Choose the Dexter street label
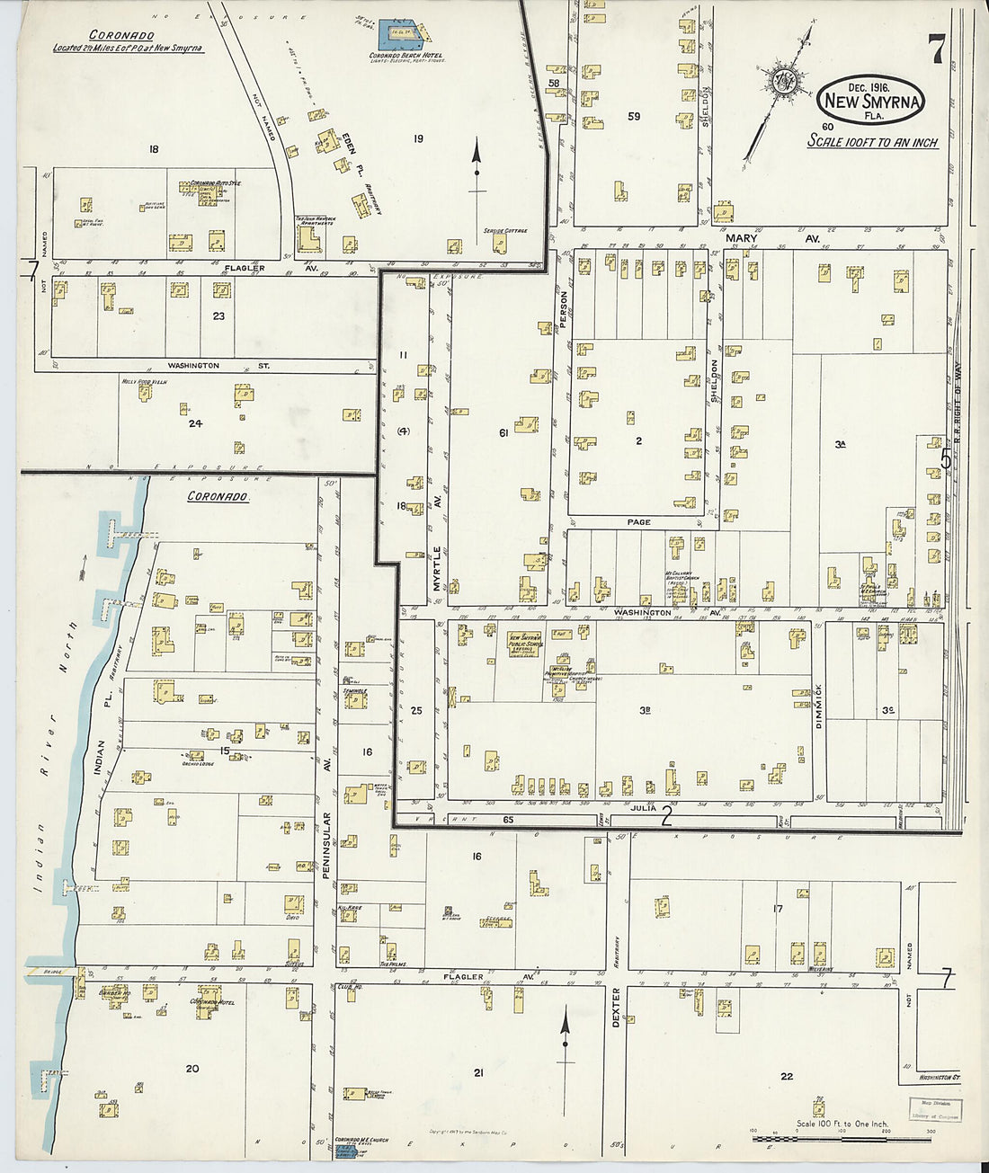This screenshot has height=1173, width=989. click(x=616, y=1005)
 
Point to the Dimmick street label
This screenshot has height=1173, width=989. click(x=818, y=706)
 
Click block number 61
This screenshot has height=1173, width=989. click(x=504, y=433)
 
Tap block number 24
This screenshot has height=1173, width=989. click(x=195, y=423)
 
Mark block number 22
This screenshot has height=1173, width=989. click(x=787, y=1076)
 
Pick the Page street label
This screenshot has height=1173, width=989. click(x=638, y=521)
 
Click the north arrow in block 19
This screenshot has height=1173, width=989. click(x=477, y=171)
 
